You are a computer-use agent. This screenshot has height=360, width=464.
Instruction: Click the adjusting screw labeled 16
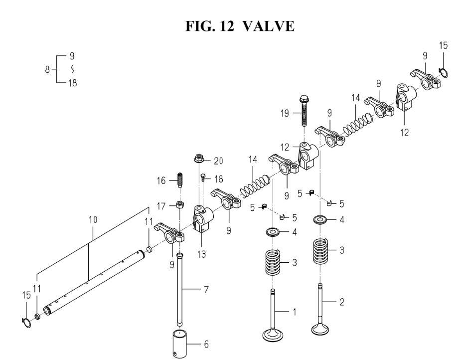[179, 180]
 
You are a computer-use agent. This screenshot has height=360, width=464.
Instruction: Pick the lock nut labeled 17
[179, 204]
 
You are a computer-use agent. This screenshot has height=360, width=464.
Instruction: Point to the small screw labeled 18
[203, 178]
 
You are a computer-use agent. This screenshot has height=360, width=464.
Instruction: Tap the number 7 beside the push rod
[206, 289]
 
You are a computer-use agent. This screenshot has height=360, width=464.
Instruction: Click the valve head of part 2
[320, 328]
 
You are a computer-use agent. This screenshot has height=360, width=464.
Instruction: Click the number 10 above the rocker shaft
[93, 220]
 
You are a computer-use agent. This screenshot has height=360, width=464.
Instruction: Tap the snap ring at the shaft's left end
[26, 323]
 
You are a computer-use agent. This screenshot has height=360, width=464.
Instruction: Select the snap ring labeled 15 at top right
[443, 72]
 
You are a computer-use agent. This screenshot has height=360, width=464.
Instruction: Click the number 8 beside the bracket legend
[47, 70]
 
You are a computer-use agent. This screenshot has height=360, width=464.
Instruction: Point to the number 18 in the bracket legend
[72, 83]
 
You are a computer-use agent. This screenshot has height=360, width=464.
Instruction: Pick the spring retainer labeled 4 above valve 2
[320, 220]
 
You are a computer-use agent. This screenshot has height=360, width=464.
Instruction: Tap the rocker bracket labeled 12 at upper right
[406, 97]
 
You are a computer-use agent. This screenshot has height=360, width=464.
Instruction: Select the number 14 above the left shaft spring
[253, 160]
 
